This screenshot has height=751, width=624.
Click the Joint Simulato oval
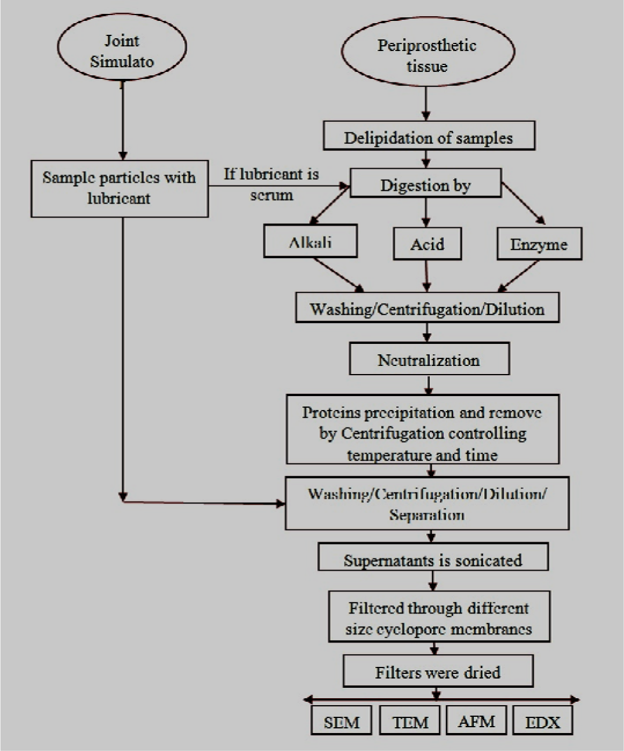(122, 51)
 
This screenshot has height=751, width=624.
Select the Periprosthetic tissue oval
(427, 55)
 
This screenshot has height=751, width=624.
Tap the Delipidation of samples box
(429, 137)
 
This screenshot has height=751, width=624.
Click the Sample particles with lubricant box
(119, 188)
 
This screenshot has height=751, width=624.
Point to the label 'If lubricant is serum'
(271, 184)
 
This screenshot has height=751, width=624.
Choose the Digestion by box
(426, 185)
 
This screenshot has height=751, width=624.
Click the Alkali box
(310, 241)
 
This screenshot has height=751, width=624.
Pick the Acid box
(427, 244)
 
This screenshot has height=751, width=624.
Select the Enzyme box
(539, 244)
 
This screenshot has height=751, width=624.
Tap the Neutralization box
(429, 360)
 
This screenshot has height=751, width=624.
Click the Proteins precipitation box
(423, 430)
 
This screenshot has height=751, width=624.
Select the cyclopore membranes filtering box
(439, 618)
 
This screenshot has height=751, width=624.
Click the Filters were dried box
(438, 672)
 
